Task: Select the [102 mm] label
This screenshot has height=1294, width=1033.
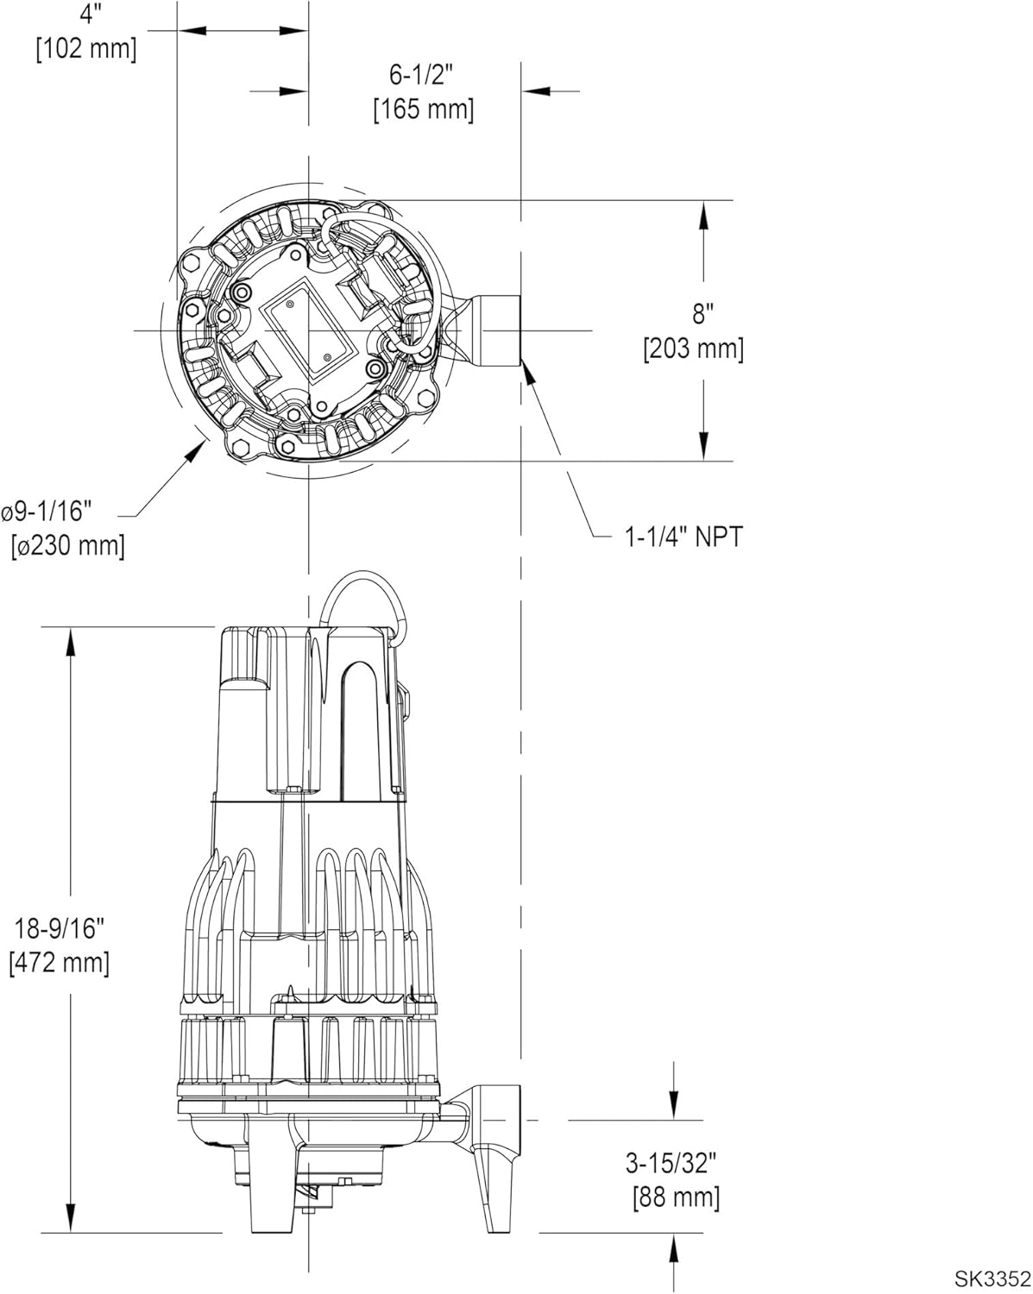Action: click(86, 48)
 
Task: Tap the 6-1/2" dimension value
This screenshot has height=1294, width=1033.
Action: click(421, 76)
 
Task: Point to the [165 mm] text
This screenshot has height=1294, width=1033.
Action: click(423, 110)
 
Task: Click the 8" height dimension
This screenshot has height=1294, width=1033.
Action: click(703, 313)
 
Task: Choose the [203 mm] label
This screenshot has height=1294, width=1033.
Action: click(693, 349)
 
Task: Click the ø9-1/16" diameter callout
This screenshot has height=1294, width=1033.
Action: click(47, 512)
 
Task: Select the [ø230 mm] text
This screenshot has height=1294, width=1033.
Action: click(67, 546)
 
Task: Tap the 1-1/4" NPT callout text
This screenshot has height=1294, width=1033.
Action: click(683, 537)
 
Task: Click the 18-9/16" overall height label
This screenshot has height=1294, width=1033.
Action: click(60, 929)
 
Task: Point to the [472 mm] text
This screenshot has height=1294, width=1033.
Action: click(60, 963)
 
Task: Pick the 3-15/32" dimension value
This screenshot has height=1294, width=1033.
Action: click(672, 1164)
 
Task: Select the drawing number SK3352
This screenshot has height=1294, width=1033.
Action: click(992, 1278)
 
